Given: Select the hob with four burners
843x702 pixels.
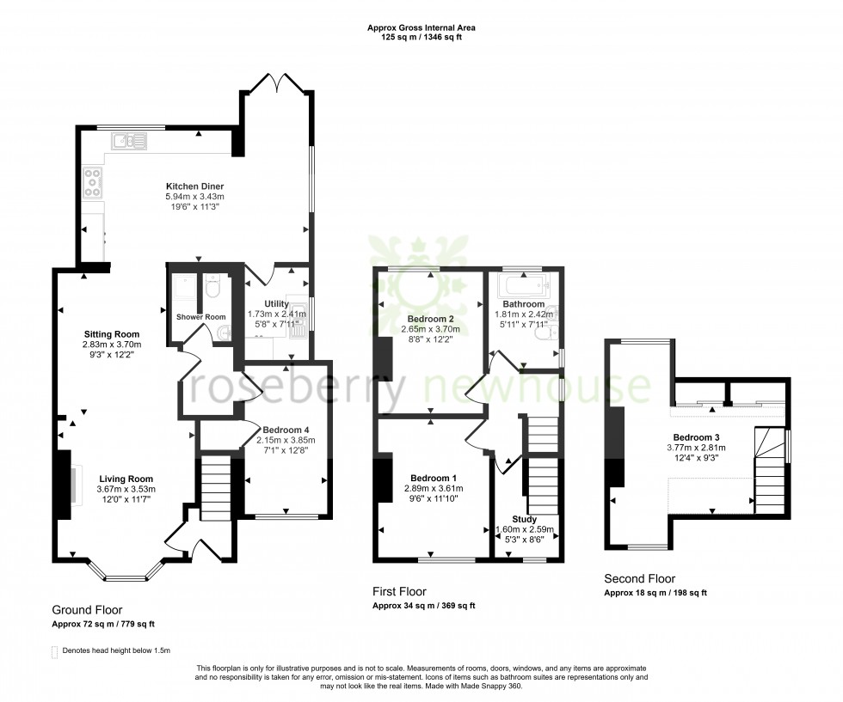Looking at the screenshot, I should click(x=92, y=182).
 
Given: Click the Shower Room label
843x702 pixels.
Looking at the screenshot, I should click(x=194, y=317).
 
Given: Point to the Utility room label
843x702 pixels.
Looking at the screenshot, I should click(x=276, y=303).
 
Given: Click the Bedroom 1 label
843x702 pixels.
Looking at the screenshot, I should click(x=434, y=478).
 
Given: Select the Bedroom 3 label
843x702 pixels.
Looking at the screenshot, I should click(x=696, y=436).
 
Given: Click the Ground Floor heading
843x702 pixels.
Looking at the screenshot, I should click(x=89, y=607).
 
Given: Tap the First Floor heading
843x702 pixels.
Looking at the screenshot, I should click(x=399, y=591).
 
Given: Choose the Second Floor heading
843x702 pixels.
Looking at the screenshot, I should click(x=639, y=578).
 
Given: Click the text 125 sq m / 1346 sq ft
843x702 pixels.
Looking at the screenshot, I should click(x=421, y=37).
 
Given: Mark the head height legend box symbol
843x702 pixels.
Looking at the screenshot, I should click(x=55, y=650).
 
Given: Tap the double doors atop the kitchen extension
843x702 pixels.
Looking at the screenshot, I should click(x=277, y=83).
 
